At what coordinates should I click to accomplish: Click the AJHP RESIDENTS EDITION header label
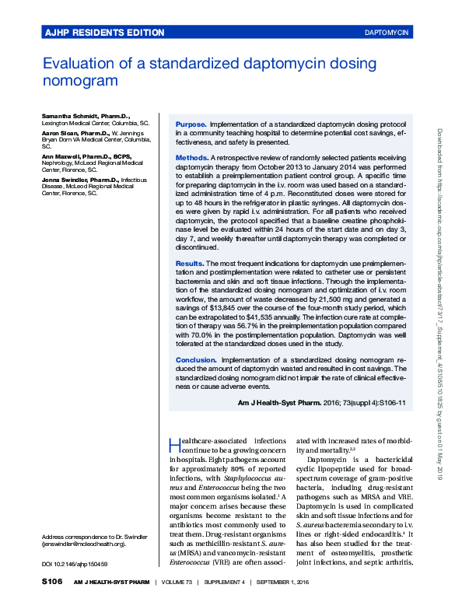point(104,33)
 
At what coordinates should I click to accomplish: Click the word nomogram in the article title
point(80,80)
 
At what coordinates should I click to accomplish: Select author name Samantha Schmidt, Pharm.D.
point(86,115)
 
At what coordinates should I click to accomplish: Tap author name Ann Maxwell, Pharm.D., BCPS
point(86,156)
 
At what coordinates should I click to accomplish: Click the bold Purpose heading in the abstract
point(191,124)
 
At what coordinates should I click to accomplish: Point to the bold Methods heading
point(192,158)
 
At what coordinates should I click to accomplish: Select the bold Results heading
point(191,264)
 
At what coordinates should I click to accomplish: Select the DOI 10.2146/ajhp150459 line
point(75,564)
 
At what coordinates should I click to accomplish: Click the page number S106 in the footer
point(53,583)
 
